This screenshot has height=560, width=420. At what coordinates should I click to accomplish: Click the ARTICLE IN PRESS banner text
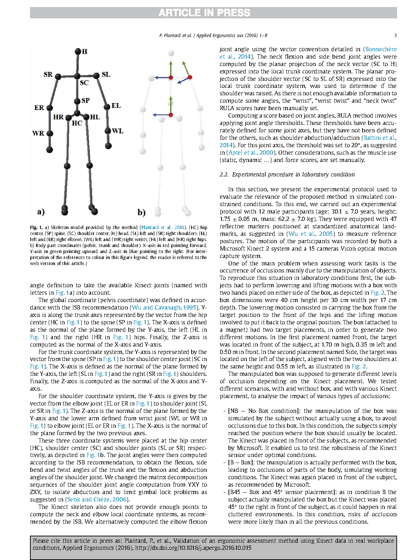[205, 13]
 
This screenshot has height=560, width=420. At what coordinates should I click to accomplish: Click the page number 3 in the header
[395, 35]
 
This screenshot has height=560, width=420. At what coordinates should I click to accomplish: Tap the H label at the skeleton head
[85, 52]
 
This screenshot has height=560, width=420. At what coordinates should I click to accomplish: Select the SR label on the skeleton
[48, 74]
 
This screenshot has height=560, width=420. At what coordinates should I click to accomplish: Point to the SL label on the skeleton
[106, 74]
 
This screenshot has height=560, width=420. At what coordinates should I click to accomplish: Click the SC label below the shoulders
[84, 83]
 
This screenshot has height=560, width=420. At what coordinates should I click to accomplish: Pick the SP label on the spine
[85, 101]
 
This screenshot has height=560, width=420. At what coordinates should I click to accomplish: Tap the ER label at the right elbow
[39, 108]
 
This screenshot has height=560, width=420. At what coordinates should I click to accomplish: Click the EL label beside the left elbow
[116, 106]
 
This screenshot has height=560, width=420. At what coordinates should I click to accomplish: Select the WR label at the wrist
[38, 133]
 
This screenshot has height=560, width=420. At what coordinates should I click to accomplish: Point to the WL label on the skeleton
[117, 131]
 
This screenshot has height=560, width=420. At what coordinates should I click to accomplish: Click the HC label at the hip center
[77, 123]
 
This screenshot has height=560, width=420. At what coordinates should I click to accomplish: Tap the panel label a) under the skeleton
[41, 212]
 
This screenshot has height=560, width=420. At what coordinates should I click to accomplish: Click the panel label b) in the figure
[141, 212]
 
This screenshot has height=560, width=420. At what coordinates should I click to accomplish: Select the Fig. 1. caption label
[36, 228]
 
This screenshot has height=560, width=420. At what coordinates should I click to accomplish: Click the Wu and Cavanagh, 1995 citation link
[164, 308]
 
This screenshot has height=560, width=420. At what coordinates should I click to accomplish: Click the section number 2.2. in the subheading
[224, 175]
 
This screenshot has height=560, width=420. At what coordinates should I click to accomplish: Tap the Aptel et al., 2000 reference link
[251, 153]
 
